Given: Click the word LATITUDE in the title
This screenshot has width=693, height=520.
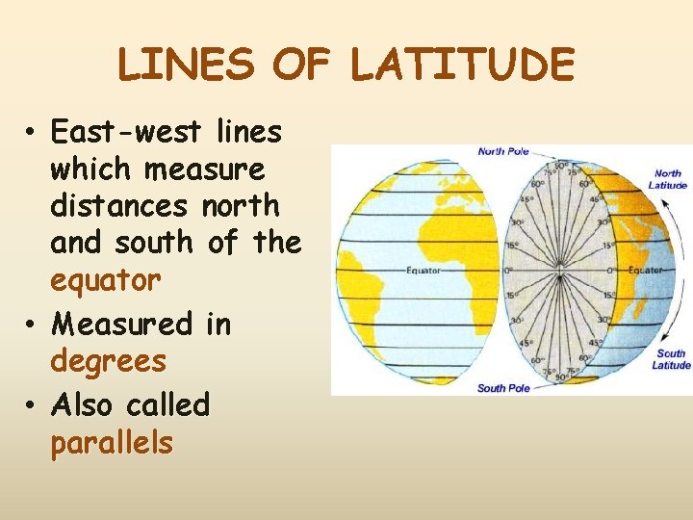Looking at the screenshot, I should click(461, 65).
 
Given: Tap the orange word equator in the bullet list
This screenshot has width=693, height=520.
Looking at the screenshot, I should click(105, 280).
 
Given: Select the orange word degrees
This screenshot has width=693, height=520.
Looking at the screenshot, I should click(108, 361).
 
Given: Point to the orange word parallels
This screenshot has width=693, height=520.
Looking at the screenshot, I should click(112, 443).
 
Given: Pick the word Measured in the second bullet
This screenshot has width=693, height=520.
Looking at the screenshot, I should click(121, 325).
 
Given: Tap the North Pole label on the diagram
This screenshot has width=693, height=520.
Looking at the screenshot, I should click(504, 151).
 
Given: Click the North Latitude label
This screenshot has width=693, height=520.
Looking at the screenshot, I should click(668, 180).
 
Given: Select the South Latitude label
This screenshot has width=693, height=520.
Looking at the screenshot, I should click(671, 359).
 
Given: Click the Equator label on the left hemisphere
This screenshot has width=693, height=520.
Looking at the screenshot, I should click(423, 271).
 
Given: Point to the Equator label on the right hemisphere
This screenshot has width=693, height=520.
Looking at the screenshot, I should click(646, 271).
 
